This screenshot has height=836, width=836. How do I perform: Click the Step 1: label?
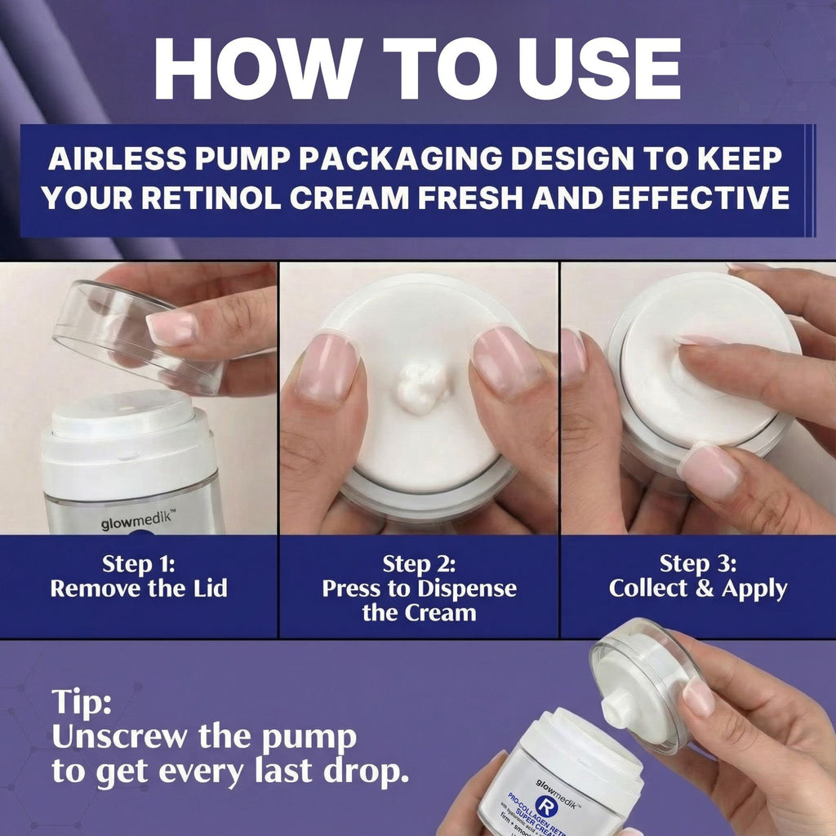click(139, 564)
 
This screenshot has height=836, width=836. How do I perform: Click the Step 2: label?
click(419, 564)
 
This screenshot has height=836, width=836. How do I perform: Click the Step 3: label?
click(697, 564)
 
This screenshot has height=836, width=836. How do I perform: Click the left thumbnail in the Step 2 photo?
click(328, 368)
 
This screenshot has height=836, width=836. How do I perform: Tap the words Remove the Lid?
click(139, 589)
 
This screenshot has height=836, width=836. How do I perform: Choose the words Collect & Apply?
click(697, 589)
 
